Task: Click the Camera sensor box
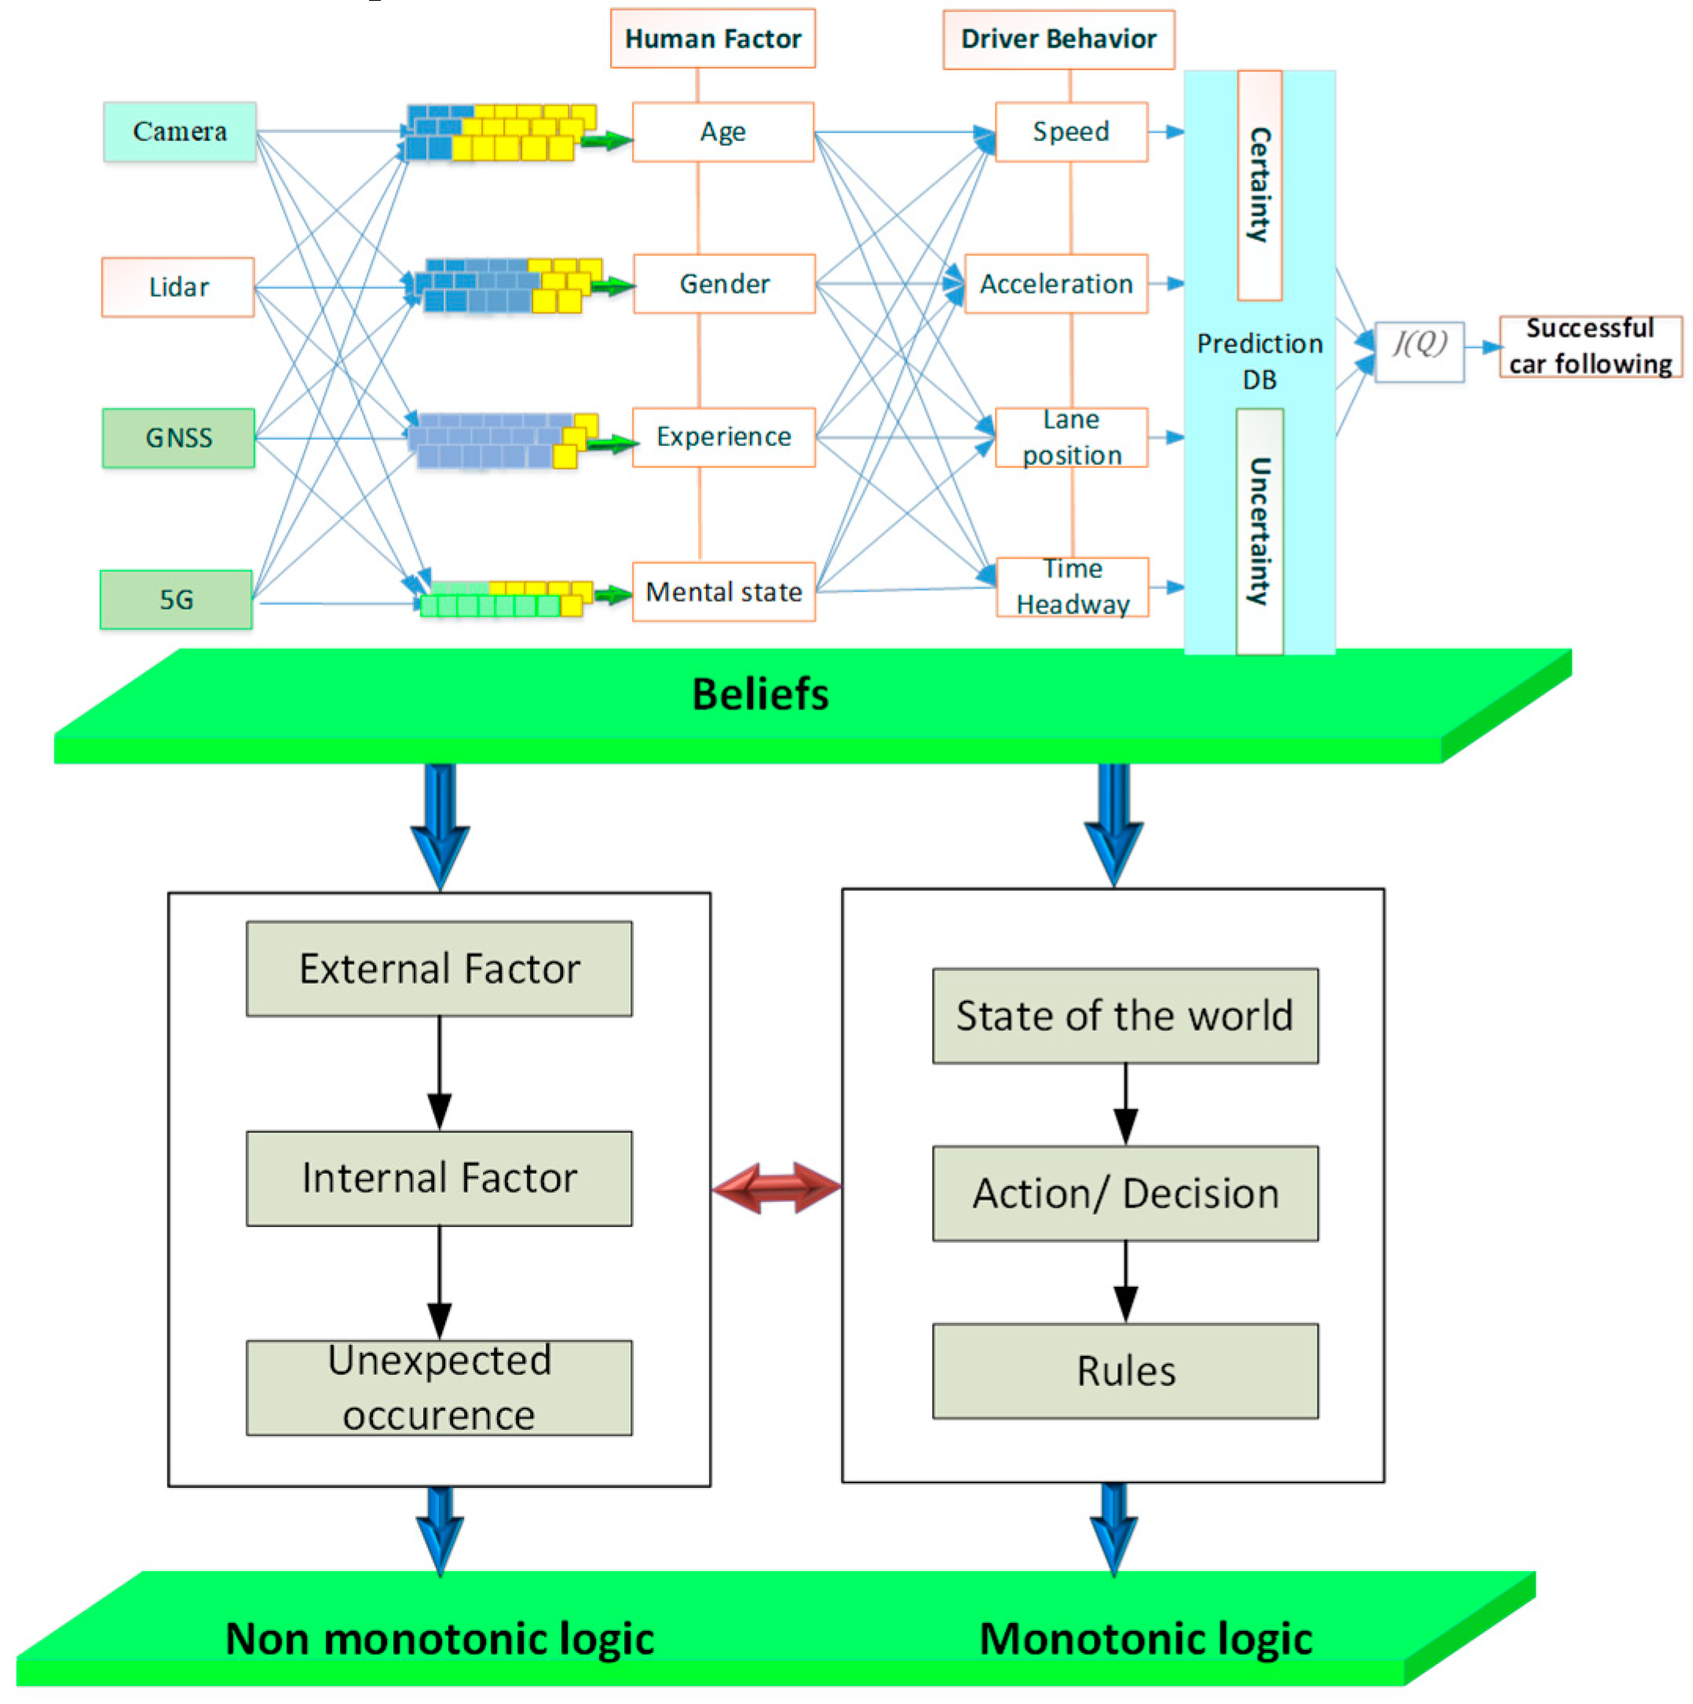tap(179, 131)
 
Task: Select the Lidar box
tap(178, 287)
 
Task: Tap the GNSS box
tap(178, 438)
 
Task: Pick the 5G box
tap(177, 599)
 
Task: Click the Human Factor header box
tap(712, 38)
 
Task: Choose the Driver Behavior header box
tap(1059, 38)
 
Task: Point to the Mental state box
tap(723, 592)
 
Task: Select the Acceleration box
tap(1055, 284)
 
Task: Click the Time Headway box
tap(1072, 587)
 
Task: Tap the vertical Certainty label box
tap(1260, 185)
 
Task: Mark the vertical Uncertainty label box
tap(1260, 531)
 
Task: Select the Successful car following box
tap(1590, 346)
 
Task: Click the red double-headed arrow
tap(776, 1187)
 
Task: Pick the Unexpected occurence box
tap(439, 1387)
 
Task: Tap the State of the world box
tap(1125, 1016)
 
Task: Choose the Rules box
tap(1125, 1371)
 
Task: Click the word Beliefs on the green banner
tap(760, 694)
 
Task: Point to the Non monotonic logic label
tap(439, 1639)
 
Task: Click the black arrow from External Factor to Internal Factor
tap(439, 1072)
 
